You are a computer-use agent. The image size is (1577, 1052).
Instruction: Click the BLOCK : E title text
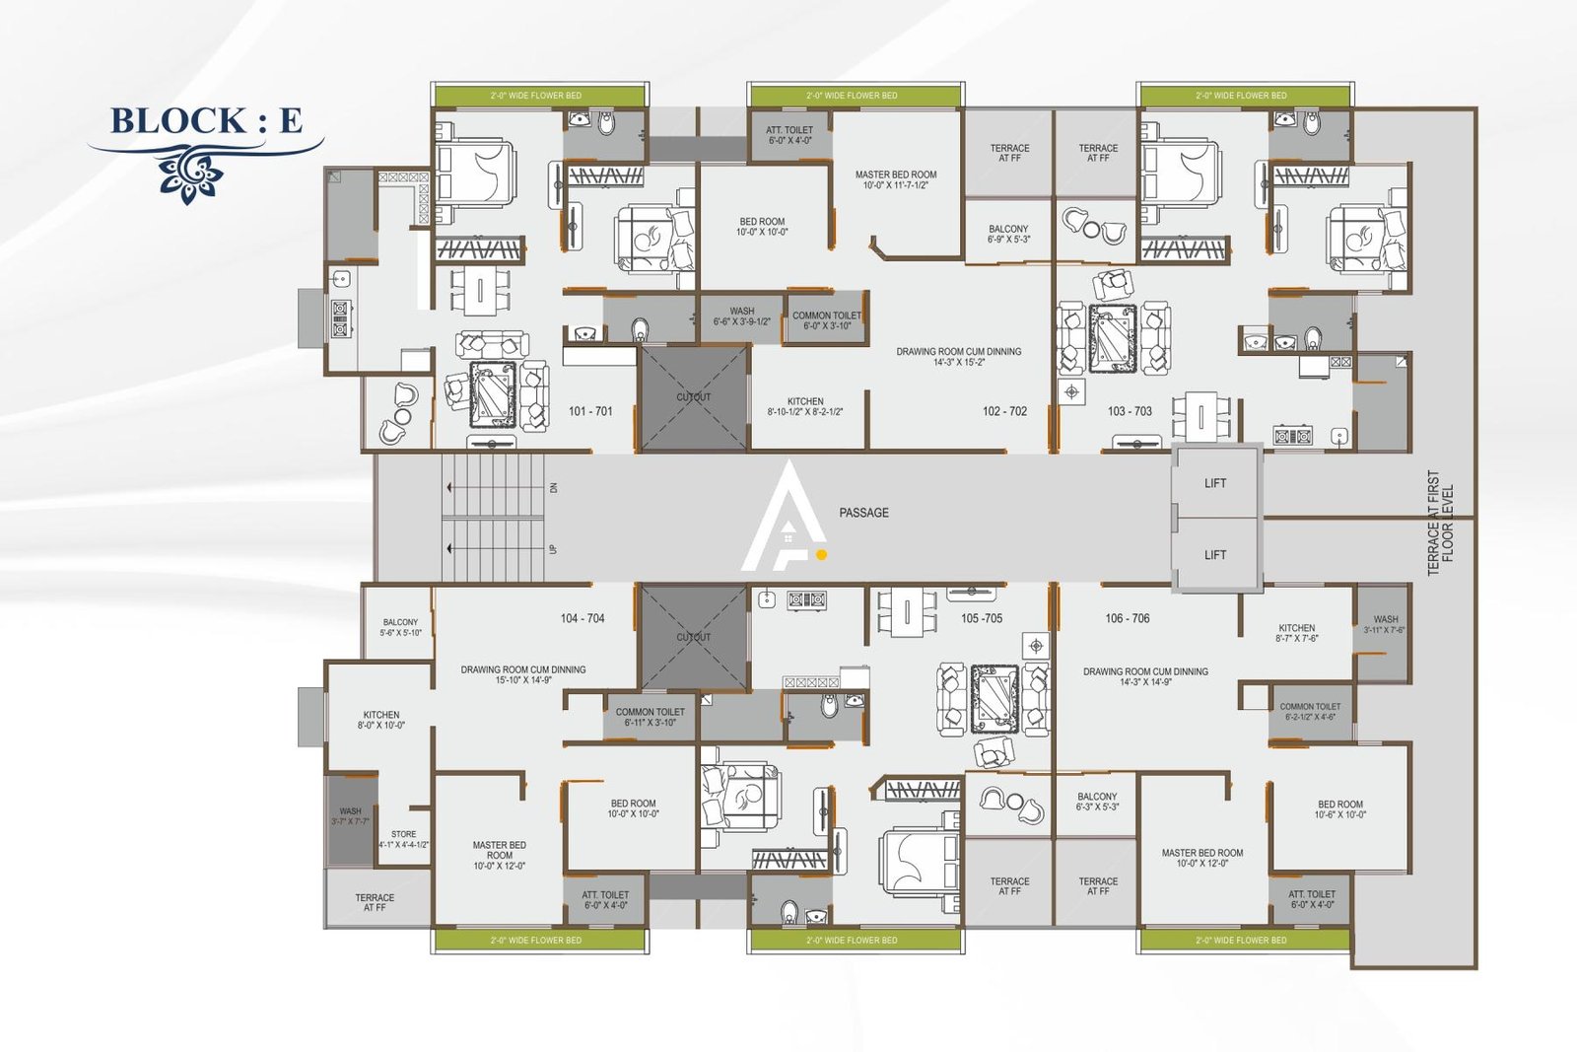pyautogui.click(x=206, y=120)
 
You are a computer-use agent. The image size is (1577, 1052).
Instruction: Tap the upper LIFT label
pyautogui.click(x=1215, y=483)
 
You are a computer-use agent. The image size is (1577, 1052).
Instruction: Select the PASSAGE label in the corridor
pyautogui.click(x=863, y=513)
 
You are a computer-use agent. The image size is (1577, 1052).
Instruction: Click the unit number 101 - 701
pyautogui.click(x=590, y=411)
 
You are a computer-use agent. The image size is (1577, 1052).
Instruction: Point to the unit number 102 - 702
pyautogui.click(x=1004, y=411)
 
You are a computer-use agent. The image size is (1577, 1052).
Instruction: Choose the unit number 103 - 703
pyautogui.click(x=1130, y=411)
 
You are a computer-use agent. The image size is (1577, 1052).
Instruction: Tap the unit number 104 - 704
pyautogui.click(x=583, y=618)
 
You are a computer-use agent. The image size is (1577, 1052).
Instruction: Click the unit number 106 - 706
pyautogui.click(x=1128, y=618)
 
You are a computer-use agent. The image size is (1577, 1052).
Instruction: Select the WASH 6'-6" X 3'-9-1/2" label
pyautogui.click(x=742, y=316)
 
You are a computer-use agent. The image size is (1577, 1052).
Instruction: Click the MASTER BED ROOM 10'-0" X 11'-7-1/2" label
pyautogui.click(x=896, y=179)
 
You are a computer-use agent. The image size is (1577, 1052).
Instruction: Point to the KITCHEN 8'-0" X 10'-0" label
pyautogui.click(x=381, y=720)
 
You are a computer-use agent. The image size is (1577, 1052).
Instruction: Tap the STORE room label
pyautogui.click(x=403, y=839)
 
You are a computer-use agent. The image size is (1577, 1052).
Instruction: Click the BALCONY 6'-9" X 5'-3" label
pyautogui.click(x=1008, y=234)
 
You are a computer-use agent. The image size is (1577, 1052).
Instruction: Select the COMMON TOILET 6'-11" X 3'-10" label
pyautogui.click(x=650, y=717)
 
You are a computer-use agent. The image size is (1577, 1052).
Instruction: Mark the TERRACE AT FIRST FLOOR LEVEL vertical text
pyautogui.click(x=1440, y=523)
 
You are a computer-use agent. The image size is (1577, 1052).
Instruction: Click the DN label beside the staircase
pyautogui.click(x=554, y=487)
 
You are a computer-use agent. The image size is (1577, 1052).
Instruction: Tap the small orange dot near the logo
pyautogui.click(x=821, y=555)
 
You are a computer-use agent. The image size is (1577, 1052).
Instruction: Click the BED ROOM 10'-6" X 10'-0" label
pyautogui.click(x=1340, y=809)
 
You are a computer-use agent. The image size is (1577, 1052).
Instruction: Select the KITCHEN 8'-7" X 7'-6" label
pyautogui.click(x=1297, y=633)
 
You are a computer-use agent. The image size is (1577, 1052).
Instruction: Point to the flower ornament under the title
pyautogui.click(x=189, y=174)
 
